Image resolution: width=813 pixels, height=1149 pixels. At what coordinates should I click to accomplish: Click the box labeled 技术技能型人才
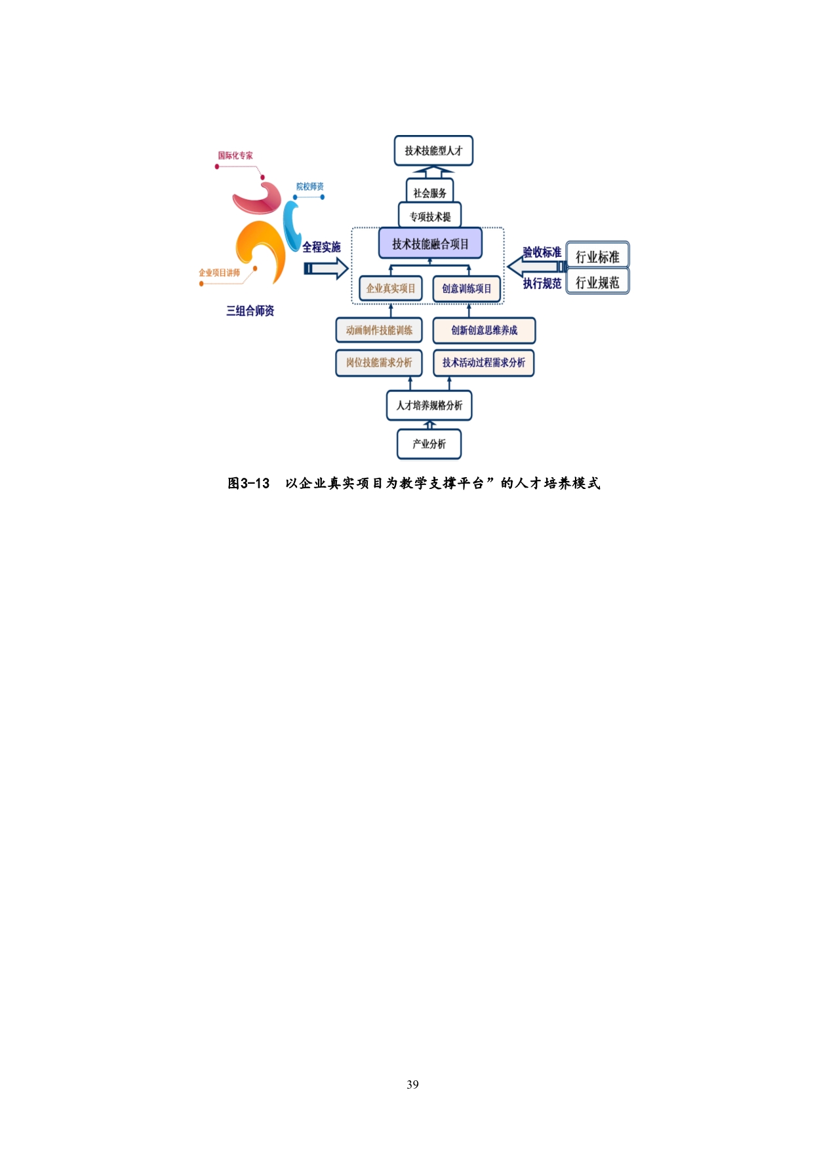click(433, 151)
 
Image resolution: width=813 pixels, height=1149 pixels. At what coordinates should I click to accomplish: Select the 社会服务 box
click(429, 193)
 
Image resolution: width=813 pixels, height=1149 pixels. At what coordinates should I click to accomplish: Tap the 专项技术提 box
click(430, 216)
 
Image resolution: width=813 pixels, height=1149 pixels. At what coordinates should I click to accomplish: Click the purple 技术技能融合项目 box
click(430, 244)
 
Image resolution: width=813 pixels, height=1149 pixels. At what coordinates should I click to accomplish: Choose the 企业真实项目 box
click(391, 288)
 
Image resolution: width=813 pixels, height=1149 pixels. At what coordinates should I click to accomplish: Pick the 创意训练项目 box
click(466, 288)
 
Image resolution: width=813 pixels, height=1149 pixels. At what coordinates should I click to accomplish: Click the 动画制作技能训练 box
click(379, 330)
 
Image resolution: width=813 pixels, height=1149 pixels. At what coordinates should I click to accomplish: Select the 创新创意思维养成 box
click(484, 330)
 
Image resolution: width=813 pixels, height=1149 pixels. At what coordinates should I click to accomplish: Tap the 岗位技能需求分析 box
click(379, 362)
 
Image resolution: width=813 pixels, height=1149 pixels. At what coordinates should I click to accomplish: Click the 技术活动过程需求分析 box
click(484, 362)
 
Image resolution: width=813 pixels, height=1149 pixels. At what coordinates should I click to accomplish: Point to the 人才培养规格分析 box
click(429, 405)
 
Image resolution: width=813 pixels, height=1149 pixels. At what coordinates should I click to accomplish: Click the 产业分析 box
click(429, 444)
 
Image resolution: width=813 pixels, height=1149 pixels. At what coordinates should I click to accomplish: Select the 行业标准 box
click(597, 256)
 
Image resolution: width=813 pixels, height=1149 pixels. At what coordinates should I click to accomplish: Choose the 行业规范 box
click(597, 282)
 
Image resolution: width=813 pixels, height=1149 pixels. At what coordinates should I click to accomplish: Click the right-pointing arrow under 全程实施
click(326, 268)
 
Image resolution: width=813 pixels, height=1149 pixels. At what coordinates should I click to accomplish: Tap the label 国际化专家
click(235, 155)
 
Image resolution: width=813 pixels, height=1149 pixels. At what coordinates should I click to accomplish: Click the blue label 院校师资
click(309, 187)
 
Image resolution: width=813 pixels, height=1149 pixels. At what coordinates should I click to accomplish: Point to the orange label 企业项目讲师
click(220, 273)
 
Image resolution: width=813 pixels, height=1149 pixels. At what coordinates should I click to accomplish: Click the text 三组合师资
click(250, 311)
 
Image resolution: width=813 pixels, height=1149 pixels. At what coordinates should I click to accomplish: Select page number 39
click(412, 1085)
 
